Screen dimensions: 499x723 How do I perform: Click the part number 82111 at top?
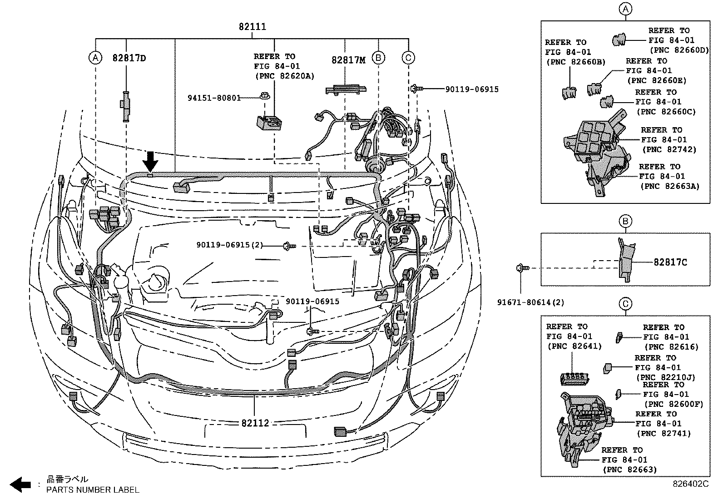coord(252,27)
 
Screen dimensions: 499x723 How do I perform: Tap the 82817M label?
coord(348,60)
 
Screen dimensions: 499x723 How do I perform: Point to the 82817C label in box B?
coord(670,262)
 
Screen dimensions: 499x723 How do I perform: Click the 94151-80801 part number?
coord(214,97)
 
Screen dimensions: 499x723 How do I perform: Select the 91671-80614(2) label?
coord(530,302)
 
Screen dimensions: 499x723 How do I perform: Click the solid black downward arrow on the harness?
coord(150,161)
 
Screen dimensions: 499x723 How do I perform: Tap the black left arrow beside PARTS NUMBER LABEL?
coord(20,484)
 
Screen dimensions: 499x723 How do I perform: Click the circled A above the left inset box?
coord(625,9)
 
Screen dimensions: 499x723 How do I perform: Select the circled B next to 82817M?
coord(378,58)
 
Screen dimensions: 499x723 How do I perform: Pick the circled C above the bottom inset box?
coord(625,304)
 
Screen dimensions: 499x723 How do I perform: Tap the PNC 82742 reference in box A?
coord(669,149)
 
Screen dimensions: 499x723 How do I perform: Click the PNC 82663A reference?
coord(669,186)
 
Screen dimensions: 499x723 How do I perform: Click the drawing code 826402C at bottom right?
coord(690,484)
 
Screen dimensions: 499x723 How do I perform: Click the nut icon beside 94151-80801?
coord(263,96)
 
